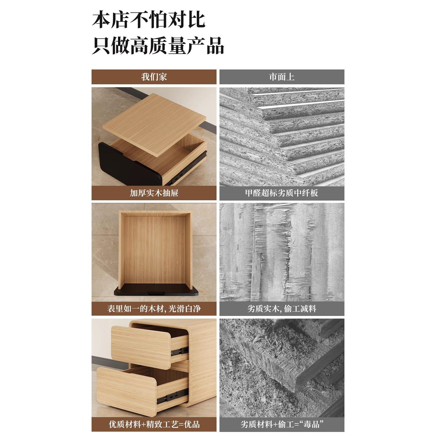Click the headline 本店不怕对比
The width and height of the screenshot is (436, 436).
click(149, 20)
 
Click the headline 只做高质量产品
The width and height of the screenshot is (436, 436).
click(158, 46)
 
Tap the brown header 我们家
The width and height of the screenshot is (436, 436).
click(154, 77)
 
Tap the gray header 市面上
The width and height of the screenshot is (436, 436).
click(282, 77)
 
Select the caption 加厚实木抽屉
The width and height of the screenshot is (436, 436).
click(154, 193)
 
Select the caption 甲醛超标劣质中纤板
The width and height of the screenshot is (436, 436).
click(282, 193)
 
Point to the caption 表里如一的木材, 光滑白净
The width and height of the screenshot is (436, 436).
click(154, 309)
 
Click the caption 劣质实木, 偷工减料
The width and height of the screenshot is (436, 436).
click(282, 309)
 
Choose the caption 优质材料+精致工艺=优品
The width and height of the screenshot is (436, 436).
click(154, 424)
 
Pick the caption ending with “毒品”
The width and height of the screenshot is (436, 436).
click(282, 424)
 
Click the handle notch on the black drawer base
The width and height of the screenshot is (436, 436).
click(156, 292)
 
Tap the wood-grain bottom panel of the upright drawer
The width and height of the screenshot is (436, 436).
click(154, 250)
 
